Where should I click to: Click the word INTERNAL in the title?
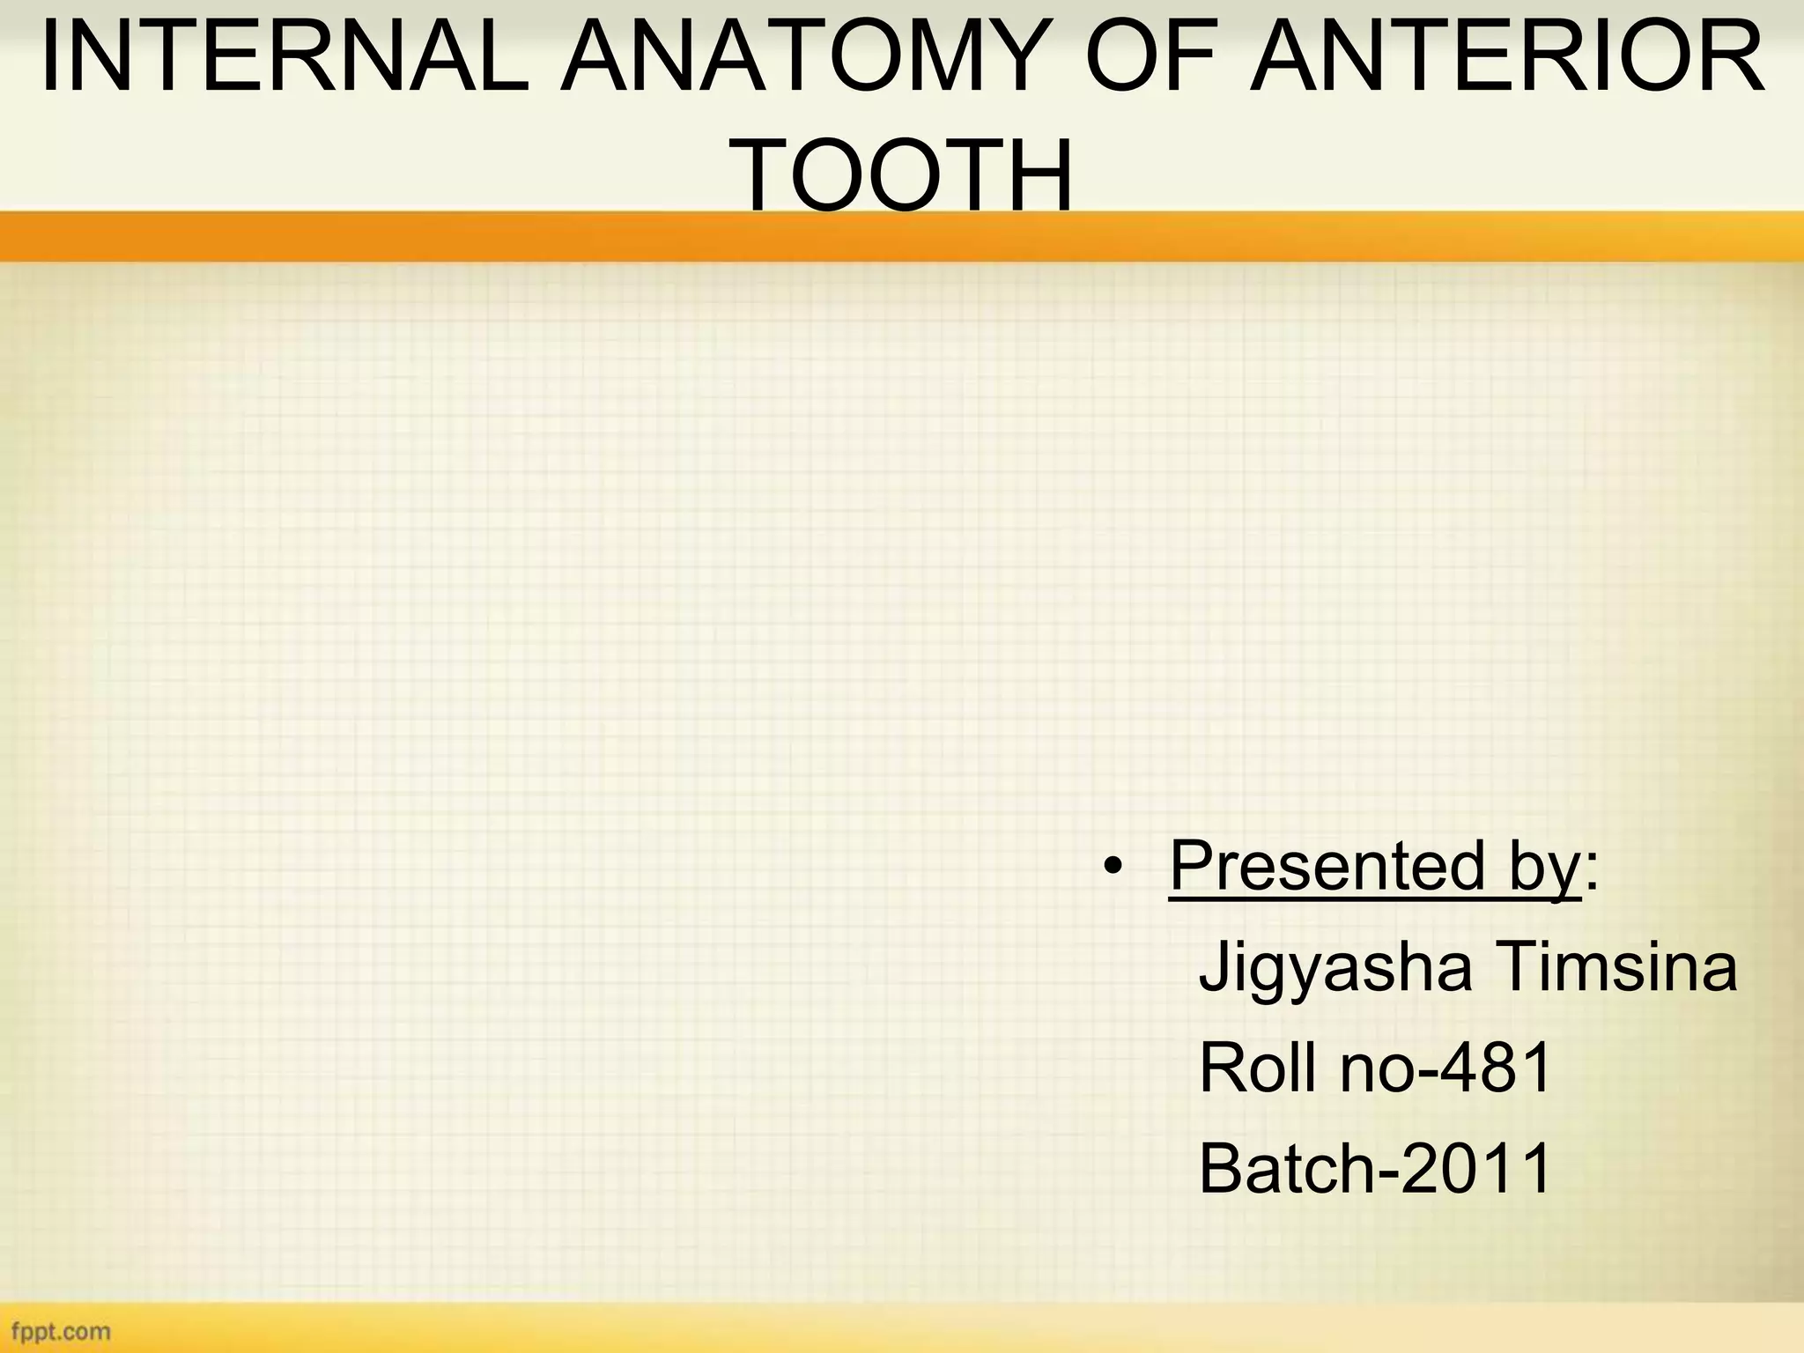pos(284,59)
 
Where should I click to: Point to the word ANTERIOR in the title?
pos(1508,59)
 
